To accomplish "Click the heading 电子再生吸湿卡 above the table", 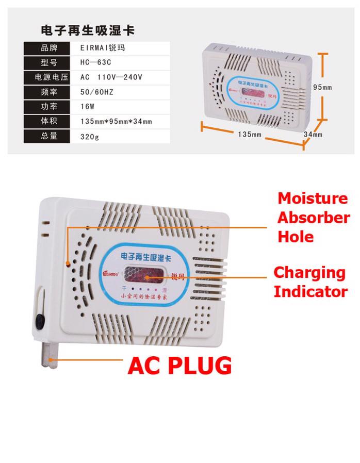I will coord(88,30).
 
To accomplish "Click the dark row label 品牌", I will coord(48,48).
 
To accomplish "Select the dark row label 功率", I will coord(48,107).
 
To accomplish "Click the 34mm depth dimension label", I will coord(313,135).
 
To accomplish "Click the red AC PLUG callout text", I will coord(179,365).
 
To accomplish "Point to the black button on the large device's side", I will coord(39,323).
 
